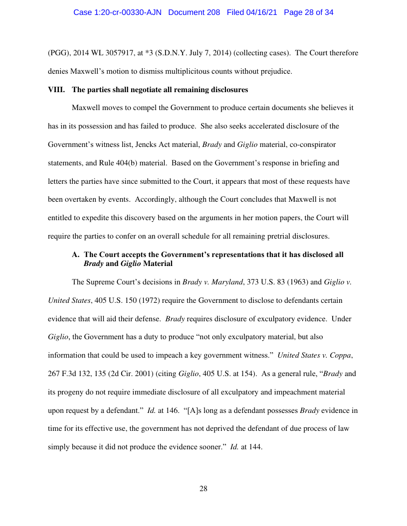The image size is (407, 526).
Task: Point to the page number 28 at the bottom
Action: click(203, 489)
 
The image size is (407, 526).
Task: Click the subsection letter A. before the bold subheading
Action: click(76, 255)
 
